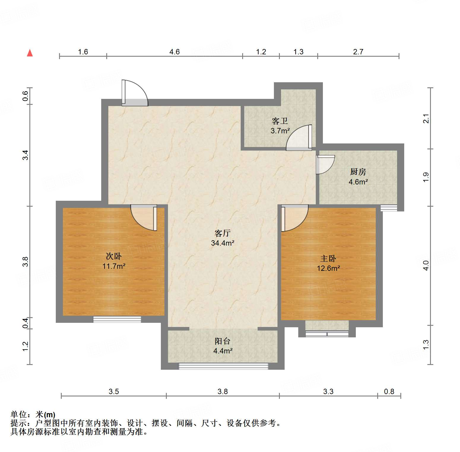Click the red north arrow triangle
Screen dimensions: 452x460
point(30,53)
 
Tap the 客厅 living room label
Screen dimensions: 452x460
point(222,233)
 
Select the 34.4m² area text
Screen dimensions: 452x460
point(223,243)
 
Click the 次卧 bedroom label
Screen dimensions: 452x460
point(114,256)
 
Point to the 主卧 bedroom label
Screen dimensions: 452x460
point(328,258)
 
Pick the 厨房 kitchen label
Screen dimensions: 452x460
point(358,172)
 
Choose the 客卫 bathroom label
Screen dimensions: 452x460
point(280,121)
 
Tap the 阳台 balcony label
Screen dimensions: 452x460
point(223,341)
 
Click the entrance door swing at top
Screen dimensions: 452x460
point(135,93)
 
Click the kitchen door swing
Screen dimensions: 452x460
point(325,164)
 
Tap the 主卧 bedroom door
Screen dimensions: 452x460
point(294,218)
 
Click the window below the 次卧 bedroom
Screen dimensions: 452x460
point(117,320)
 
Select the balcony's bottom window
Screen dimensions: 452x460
point(223,366)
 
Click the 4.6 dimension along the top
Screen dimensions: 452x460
point(175,52)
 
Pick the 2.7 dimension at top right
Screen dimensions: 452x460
point(358,52)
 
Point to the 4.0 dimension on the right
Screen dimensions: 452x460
point(426,265)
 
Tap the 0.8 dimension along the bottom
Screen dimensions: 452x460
point(389,391)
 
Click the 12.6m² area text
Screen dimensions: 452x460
point(328,268)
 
